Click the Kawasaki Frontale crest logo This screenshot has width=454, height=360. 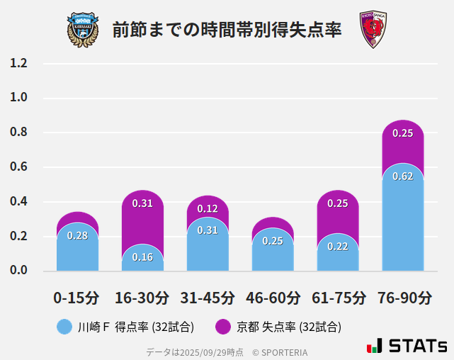tap(83, 29)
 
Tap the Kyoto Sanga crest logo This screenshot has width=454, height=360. tap(373, 30)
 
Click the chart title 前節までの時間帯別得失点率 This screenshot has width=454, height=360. tap(227, 30)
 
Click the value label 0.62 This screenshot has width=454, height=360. tap(403, 176)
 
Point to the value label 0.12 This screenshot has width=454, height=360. tap(208, 208)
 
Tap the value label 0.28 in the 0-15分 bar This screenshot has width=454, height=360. tap(77, 235)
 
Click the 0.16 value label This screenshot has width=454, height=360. tap(142, 257)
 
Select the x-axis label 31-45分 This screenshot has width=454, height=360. tap(208, 297)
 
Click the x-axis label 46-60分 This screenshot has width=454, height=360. tap(273, 297)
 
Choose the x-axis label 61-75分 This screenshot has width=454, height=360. tap(338, 297)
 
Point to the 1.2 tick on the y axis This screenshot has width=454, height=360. tap(18, 64)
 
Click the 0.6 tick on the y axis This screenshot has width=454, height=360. tap(18, 167)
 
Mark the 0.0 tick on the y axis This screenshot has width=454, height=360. tap(18, 271)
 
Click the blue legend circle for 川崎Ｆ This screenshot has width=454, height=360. tap(64, 327)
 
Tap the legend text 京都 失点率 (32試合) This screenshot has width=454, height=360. tap(288, 327)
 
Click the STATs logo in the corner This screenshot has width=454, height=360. tap(407, 346)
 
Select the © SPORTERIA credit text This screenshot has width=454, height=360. tap(280, 351)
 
